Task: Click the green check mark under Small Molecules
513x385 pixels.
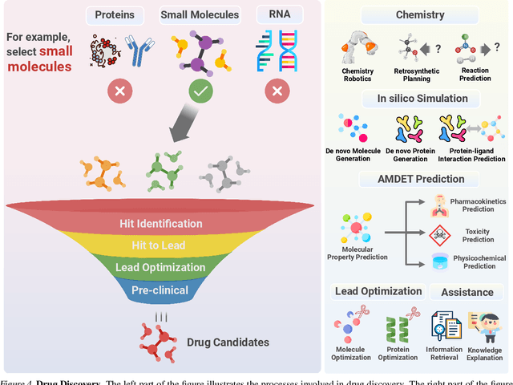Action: [x=201, y=91]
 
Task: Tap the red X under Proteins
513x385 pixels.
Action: [x=121, y=91]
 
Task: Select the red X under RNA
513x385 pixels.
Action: [x=276, y=91]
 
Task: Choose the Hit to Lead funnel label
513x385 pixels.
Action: [x=164, y=245]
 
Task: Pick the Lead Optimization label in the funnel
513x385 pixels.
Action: [x=160, y=267]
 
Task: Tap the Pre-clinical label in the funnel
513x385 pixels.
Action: [x=160, y=290]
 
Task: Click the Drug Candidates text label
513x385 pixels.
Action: [x=227, y=342]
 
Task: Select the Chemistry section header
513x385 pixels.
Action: [x=421, y=15]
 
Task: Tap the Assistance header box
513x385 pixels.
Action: [x=467, y=291]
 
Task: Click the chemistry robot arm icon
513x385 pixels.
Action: [x=357, y=48]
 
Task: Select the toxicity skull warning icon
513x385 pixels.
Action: [x=440, y=233]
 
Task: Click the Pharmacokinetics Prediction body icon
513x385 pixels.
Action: [x=440, y=205]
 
